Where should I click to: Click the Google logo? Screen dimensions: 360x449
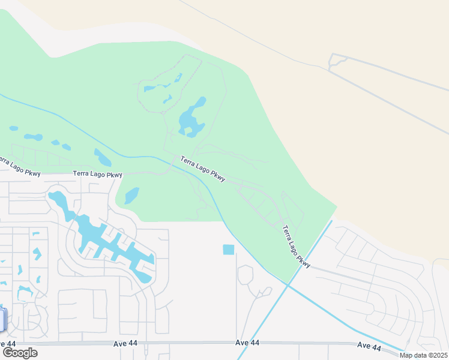pos(20,353)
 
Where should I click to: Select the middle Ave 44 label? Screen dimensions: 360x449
pos(247,343)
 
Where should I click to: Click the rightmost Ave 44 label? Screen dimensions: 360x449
pos(369,346)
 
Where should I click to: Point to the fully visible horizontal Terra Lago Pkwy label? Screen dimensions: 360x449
pos(97,174)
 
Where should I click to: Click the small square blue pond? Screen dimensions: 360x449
pos(229,250)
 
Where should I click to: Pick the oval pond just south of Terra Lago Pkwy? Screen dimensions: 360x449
pos(131,195)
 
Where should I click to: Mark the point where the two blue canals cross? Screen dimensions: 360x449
pos(287,284)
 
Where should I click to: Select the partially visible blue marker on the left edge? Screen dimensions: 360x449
pos(2,319)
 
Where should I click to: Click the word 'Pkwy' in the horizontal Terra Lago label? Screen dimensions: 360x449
pos(114,174)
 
